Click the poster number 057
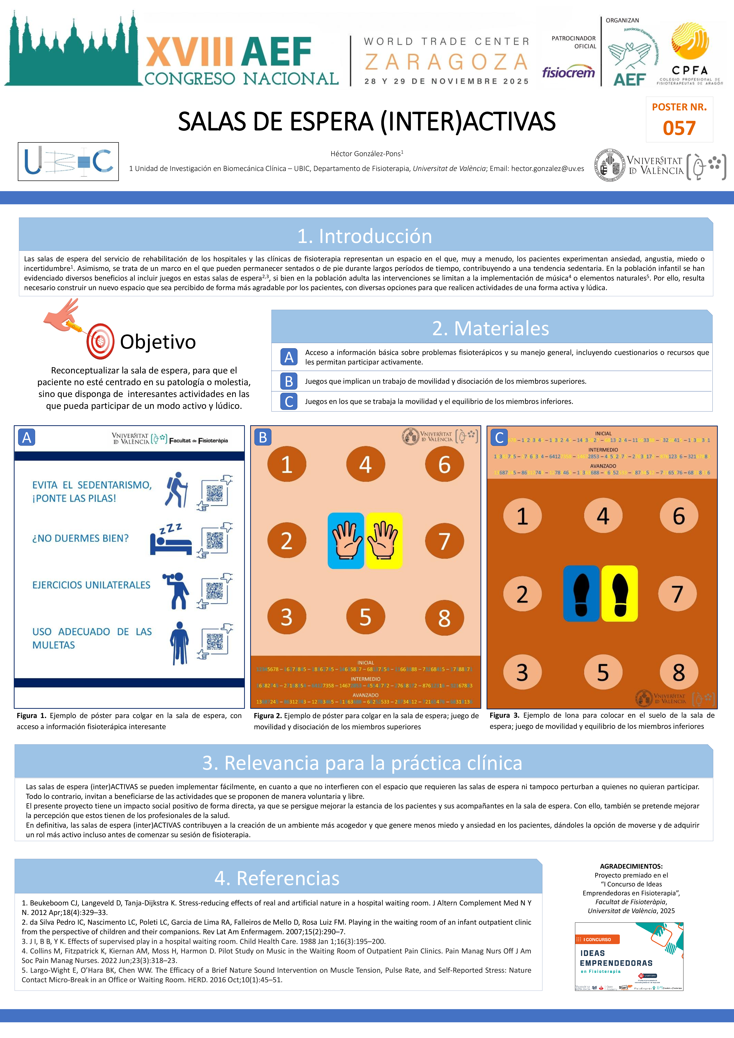pos(679,128)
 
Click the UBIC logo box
pos(68,161)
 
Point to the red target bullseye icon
pos(100,341)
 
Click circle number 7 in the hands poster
pos(444,541)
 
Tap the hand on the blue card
pos(346,540)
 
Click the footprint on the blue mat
pos(581,593)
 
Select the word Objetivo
pos(158,342)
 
